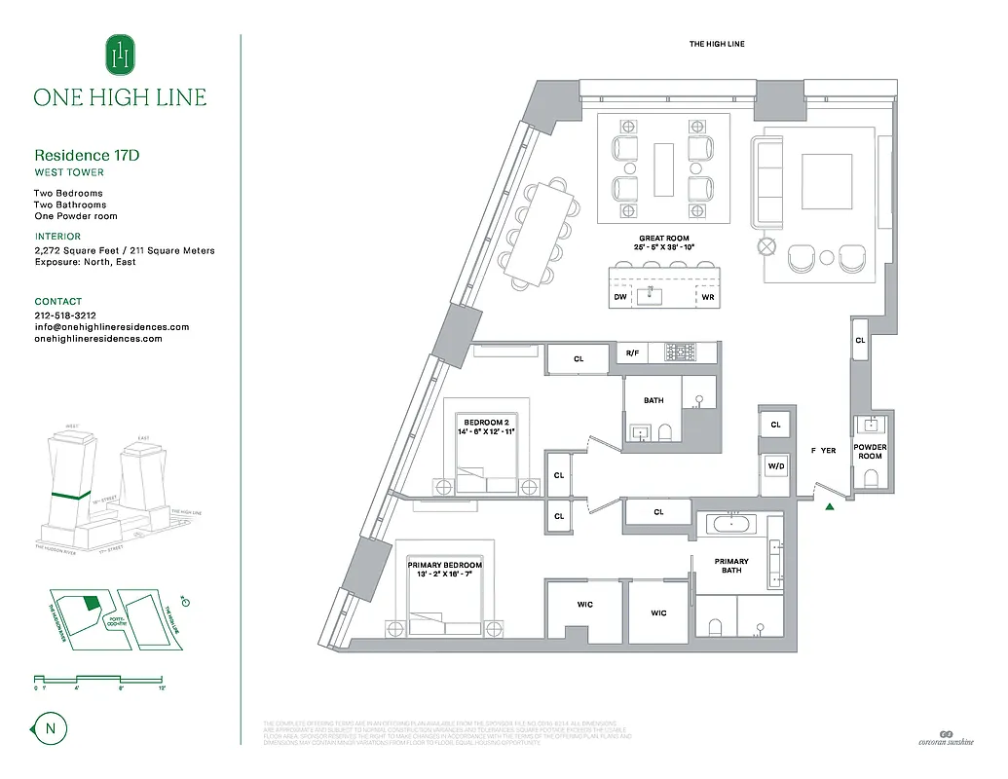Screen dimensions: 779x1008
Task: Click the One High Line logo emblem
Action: (x=121, y=56)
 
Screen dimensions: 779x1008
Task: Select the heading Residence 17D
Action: (x=93, y=155)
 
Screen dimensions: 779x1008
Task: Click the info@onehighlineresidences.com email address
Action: (x=111, y=327)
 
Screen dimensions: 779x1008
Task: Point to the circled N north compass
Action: (x=45, y=726)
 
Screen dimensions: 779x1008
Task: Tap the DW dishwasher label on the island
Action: (x=620, y=297)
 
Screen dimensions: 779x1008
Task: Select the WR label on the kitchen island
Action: (x=708, y=297)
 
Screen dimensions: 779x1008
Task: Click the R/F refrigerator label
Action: (x=632, y=353)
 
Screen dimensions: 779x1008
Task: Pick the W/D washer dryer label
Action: (x=776, y=466)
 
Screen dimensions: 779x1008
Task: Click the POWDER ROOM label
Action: (x=870, y=452)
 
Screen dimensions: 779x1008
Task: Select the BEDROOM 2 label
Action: (x=487, y=423)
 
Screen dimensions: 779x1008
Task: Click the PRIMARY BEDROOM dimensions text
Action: (x=445, y=575)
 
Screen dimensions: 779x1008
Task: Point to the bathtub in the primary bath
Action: (x=730, y=524)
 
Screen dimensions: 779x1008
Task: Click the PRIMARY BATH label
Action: (x=731, y=566)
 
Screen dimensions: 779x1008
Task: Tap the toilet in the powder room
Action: (x=871, y=477)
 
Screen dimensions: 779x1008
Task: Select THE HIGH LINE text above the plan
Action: (x=716, y=44)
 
